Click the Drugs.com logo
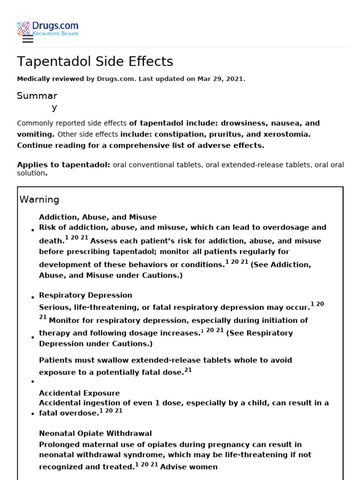[x=48, y=28]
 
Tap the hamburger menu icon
[x=28, y=39]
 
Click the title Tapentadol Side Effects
[x=95, y=61]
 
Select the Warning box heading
[x=39, y=200]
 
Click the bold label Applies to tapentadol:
[x=64, y=165]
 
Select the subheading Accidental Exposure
[x=79, y=393]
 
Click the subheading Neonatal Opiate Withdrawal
[x=95, y=434]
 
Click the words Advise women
[x=189, y=467]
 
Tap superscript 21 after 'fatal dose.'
[x=188, y=370]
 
